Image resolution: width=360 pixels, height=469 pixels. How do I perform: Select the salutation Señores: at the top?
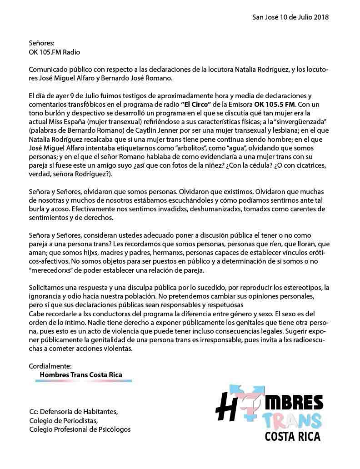pos(41,43)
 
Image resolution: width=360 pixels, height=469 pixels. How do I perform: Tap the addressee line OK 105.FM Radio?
pos(54,52)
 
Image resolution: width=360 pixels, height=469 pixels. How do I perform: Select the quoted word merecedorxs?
pos(58,270)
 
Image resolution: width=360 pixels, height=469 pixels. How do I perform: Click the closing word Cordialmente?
pos(50,366)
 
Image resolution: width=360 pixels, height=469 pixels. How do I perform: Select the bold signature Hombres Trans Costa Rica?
pos(81,375)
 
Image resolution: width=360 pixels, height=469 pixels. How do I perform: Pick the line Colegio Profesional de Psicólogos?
pos(80,429)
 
